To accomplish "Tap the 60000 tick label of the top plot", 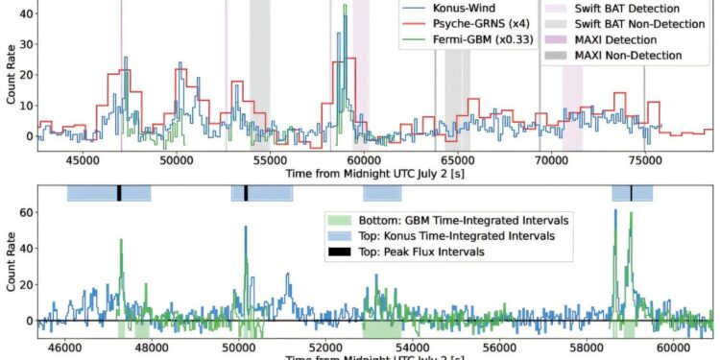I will (363, 160).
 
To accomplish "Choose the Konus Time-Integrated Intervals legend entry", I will (444, 235).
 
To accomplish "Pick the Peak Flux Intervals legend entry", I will (419, 252).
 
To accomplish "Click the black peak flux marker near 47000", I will (119, 193).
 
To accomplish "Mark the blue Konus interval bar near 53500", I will (381, 193).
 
